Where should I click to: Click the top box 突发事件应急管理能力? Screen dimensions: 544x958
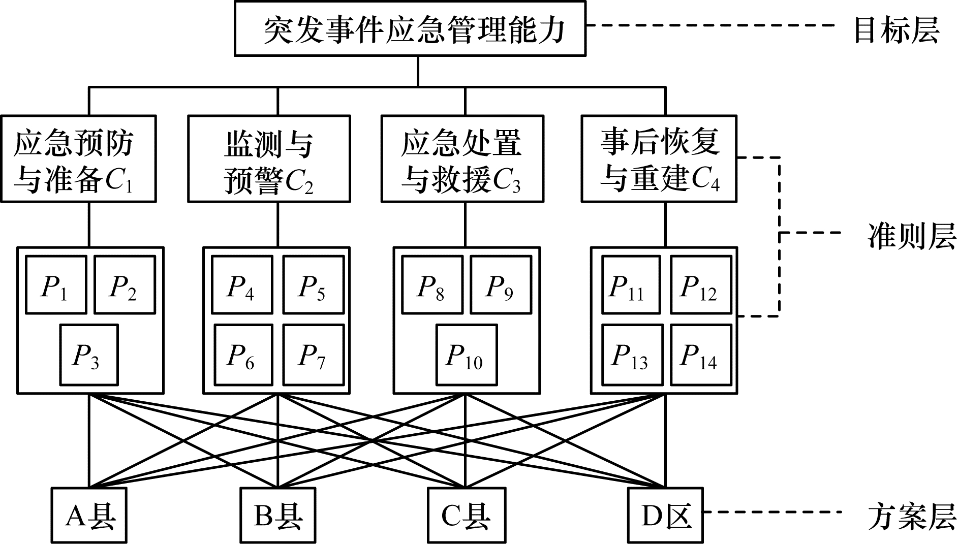click(x=410, y=28)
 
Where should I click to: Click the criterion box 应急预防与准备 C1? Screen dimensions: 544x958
click(x=78, y=159)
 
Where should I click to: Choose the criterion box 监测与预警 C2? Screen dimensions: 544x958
click(x=269, y=159)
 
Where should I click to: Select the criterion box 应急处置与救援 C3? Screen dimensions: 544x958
click(x=462, y=159)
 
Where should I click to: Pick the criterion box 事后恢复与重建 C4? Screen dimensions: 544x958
click(x=659, y=159)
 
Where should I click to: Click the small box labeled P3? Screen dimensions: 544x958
click(x=89, y=355)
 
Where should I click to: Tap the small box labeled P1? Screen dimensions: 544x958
click(x=56, y=285)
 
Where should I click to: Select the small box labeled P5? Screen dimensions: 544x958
click(x=313, y=285)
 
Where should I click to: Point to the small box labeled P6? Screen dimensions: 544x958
click(x=243, y=355)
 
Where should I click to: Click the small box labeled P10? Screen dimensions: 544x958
click(x=466, y=355)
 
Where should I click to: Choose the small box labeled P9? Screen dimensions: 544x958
click(x=501, y=285)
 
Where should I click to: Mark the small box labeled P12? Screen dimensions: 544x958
click(x=701, y=285)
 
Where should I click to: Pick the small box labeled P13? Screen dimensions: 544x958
click(x=632, y=355)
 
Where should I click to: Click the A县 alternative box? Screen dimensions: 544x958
click(x=89, y=516)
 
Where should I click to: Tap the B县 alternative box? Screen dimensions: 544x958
click(x=277, y=516)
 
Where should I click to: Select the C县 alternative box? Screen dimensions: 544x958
click(x=466, y=516)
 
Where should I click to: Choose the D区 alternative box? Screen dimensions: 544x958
click(x=665, y=516)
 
